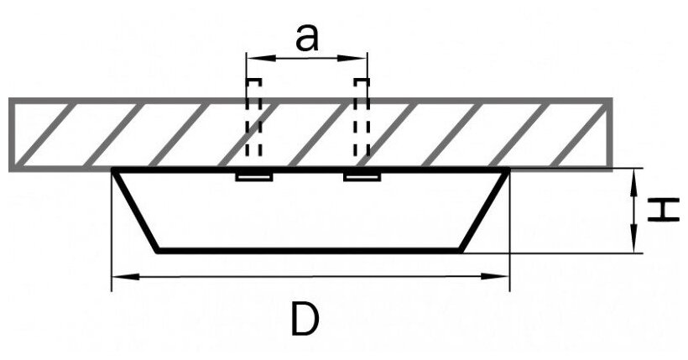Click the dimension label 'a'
(307, 37)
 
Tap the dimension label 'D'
(306, 319)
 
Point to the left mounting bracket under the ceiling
(254, 177)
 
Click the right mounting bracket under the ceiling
(362, 177)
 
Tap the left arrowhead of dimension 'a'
(252, 58)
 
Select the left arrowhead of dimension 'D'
(120, 276)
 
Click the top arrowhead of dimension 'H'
(635, 174)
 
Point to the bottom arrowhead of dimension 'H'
(635, 245)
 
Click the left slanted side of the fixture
(136, 210)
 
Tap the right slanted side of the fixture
(485, 210)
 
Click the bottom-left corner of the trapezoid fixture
(158, 249)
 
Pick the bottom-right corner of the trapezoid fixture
(461, 249)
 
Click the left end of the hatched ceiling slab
(12, 134)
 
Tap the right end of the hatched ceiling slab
(609, 134)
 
